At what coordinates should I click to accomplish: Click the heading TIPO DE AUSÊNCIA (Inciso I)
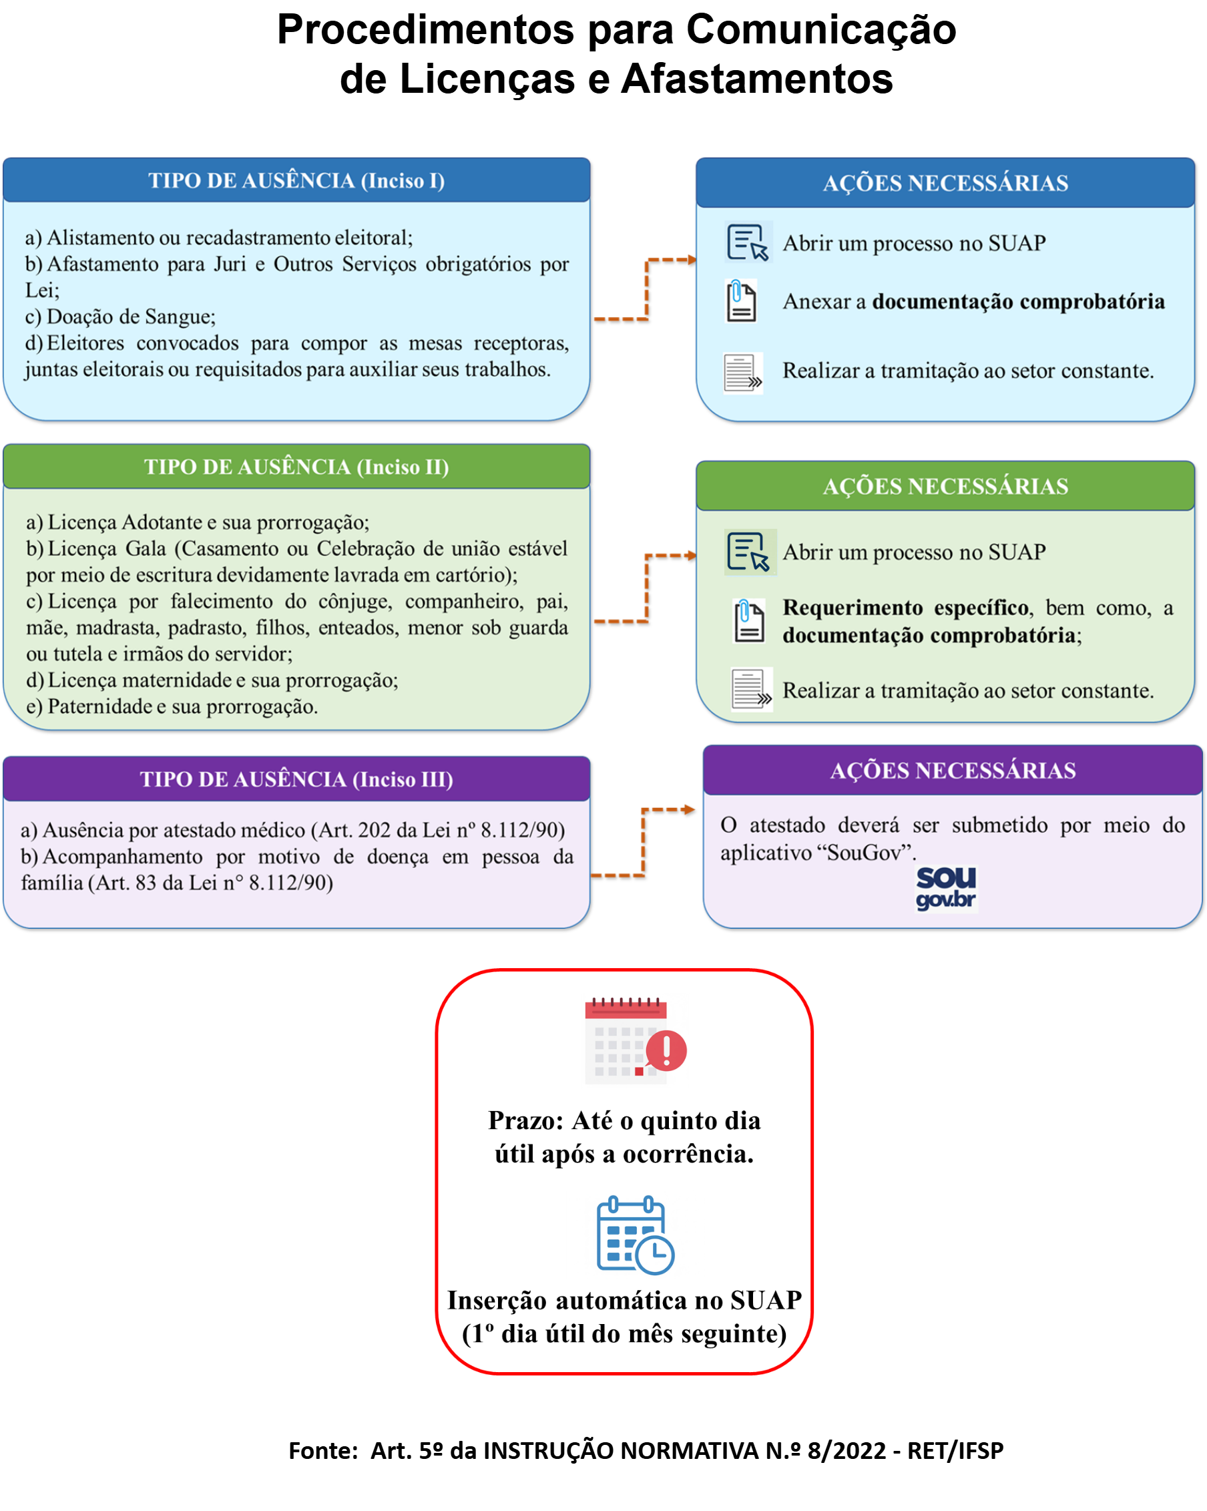click(296, 181)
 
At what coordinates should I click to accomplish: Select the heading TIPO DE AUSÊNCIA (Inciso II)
click(296, 467)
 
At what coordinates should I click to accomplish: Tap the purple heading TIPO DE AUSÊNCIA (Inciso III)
click(296, 779)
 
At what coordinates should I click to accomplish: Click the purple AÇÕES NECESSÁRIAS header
click(953, 771)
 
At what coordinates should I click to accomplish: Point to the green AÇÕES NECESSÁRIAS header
click(945, 485)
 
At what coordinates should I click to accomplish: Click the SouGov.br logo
click(946, 889)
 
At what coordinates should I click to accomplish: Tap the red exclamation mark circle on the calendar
click(666, 1050)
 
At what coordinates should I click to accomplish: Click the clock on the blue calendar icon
click(654, 1254)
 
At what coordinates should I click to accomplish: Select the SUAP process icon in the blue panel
click(748, 242)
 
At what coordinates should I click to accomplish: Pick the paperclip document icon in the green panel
click(748, 621)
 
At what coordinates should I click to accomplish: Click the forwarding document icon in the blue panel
click(743, 373)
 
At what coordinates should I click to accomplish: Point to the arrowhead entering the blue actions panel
click(692, 260)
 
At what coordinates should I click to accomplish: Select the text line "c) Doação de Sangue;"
click(120, 316)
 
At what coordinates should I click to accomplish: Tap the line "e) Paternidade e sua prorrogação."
click(172, 706)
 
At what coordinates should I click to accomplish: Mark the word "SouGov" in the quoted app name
click(862, 853)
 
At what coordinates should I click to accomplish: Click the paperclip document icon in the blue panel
click(741, 301)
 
